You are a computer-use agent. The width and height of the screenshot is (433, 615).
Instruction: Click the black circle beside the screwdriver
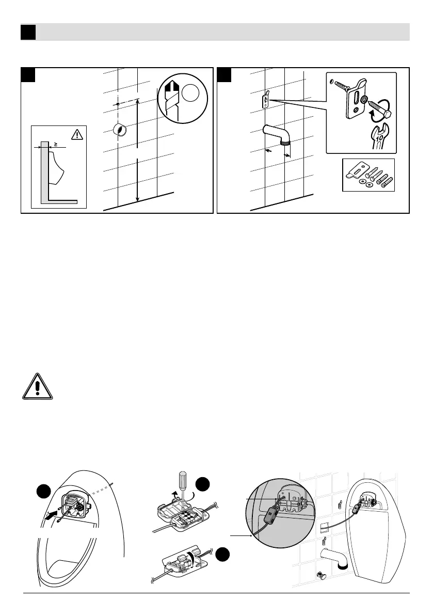point(203,485)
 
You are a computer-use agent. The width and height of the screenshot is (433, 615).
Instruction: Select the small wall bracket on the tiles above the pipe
point(266,99)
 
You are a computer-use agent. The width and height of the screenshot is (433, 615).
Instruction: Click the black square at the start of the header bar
point(28,33)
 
